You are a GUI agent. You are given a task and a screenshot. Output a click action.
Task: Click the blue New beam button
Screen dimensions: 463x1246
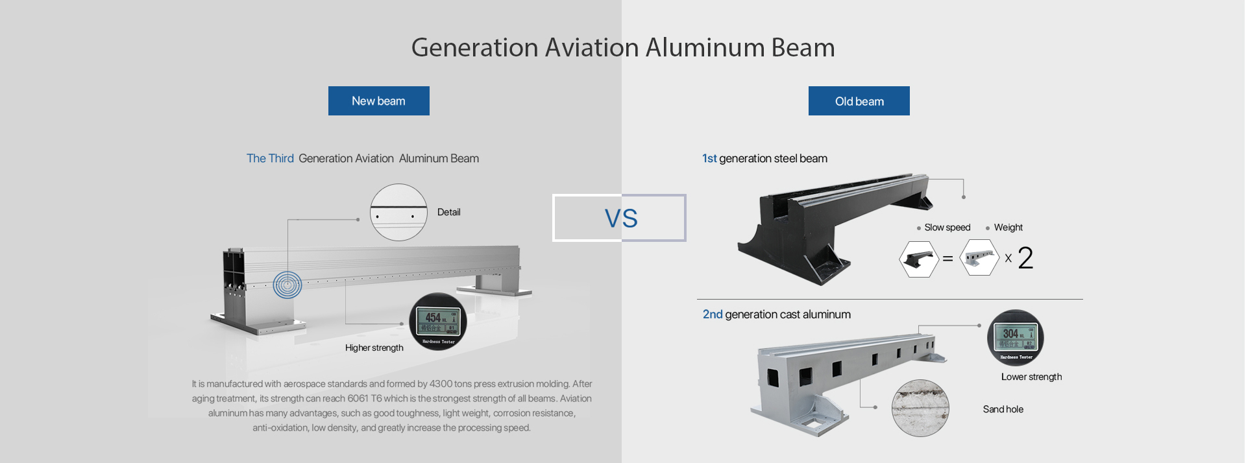coord(378,101)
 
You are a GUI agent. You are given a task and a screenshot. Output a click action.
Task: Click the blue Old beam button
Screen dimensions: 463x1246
coord(859,101)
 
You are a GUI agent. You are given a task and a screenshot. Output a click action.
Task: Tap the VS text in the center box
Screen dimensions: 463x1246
coord(621,219)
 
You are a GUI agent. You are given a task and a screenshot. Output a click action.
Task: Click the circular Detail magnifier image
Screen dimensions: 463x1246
coord(398,213)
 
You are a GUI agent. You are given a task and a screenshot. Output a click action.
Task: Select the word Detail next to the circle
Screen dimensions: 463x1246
coord(448,212)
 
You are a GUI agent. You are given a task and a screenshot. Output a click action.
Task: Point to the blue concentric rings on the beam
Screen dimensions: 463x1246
coord(287,285)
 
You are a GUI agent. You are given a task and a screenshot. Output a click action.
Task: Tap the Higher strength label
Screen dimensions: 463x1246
coord(374,348)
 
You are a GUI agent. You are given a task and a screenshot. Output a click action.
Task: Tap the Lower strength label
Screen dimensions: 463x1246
coord(1031,377)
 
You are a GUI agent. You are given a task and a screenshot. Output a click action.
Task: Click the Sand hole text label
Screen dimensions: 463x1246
coord(1003,409)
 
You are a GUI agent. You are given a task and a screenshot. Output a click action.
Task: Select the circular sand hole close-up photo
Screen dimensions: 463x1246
coord(920,408)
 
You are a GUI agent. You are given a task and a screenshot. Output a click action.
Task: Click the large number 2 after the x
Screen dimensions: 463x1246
coord(1025,258)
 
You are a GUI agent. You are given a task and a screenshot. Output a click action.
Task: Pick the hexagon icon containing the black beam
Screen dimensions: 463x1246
coord(919,259)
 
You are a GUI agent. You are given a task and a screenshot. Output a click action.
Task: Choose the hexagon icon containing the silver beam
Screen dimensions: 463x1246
coord(979,258)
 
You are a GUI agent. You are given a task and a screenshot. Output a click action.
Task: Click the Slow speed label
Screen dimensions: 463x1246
coord(947,228)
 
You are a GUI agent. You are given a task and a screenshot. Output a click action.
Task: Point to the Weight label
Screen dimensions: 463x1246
coord(1008,228)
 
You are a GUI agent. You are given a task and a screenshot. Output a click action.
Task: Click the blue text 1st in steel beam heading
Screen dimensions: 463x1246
coord(709,158)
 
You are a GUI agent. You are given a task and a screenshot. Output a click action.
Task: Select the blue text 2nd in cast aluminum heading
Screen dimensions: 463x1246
coord(713,315)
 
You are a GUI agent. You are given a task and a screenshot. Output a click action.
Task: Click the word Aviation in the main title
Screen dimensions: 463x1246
coord(592,48)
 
